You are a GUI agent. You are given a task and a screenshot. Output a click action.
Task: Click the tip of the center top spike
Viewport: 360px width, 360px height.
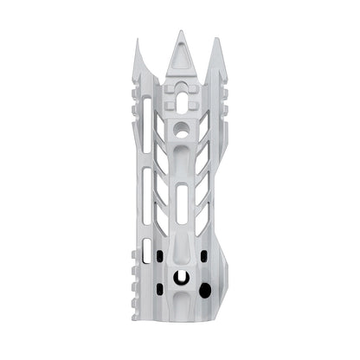coord(181,32)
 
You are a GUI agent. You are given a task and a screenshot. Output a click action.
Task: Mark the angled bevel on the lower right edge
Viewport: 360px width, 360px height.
coord(223,260)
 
